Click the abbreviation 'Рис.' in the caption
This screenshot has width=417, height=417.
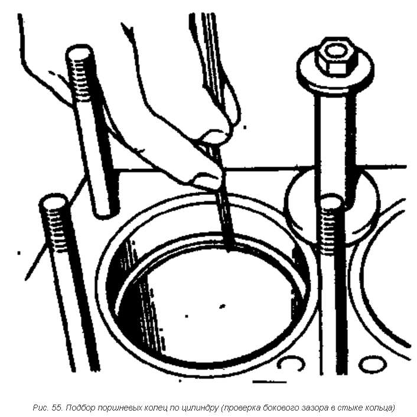click(x=41, y=408)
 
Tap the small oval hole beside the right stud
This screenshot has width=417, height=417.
click(x=372, y=364)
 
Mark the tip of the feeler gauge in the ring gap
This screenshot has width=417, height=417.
click(x=229, y=250)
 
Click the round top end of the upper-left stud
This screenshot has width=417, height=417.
click(x=79, y=53)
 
